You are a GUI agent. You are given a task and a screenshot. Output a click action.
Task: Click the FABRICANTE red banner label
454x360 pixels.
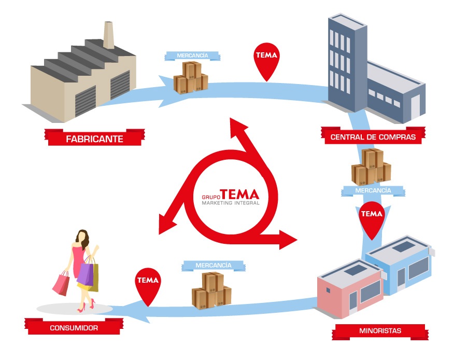click(94, 139)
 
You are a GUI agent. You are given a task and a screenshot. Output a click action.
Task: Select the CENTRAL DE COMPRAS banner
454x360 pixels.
click(373, 137)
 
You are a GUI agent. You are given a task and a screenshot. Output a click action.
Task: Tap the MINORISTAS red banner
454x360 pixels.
click(380, 330)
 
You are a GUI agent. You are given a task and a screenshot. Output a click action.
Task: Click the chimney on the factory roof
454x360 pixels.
click(109, 35)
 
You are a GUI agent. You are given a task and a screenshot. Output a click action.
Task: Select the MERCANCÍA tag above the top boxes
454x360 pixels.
click(192, 56)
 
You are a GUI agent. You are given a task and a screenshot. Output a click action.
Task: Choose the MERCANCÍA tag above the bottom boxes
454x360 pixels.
click(213, 266)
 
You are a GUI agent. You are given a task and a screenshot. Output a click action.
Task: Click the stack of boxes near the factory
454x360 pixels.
click(191, 78)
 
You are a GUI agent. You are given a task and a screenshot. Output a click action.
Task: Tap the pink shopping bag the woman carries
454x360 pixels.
click(61, 283)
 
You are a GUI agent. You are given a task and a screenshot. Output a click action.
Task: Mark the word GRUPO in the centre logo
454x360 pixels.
click(210, 197)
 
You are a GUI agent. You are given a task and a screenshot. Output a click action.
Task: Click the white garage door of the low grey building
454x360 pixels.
click(416, 107)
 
